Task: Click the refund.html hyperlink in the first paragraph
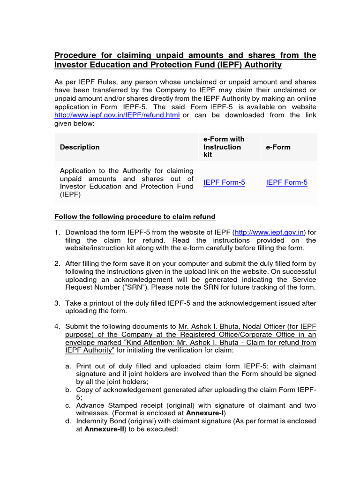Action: pyautogui.click(x=117, y=115)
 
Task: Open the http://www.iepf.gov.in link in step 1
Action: pyautogui.click(x=270, y=232)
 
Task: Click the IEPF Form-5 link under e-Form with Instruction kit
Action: pyautogui.click(x=224, y=183)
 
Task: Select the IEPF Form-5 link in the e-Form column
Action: pyautogui.click(x=286, y=183)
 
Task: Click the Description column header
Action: pyautogui.click(x=80, y=147)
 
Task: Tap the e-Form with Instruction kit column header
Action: pyautogui.click(x=224, y=147)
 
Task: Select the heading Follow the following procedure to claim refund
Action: pyautogui.click(x=135, y=217)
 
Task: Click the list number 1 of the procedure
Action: pyautogui.click(x=57, y=232)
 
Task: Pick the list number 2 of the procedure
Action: pyautogui.click(x=57, y=263)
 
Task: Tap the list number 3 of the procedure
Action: pyautogui.click(x=57, y=303)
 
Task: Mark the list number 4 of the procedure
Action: pyautogui.click(x=57, y=326)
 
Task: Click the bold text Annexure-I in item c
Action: pyautogui.click(x=204, y=413)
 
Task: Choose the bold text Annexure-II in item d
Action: pyautogui.click(x=104, y=429)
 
